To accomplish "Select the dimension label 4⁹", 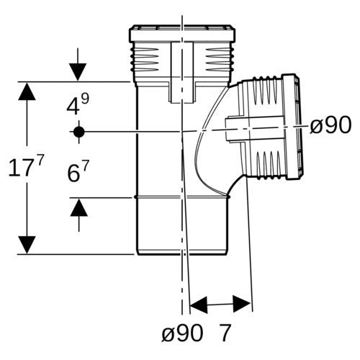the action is (x=78, y=104).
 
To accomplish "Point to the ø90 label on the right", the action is (x=330, y=125).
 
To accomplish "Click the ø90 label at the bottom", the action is (x=182, y=333).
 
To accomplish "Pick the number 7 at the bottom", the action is (x=225, y=333).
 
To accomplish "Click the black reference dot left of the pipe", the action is (x=79, y=132).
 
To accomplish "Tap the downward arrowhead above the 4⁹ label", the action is (x=78, y=72).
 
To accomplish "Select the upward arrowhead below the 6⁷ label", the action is (x=79, y=207).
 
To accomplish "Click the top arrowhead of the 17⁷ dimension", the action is (x=27, y=91).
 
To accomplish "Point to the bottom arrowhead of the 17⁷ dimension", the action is (x=27, y=245).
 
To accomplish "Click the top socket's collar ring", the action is (x=182, y=33).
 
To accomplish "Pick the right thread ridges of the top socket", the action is (x=218, y=60).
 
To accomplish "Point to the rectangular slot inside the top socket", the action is (x=182, y=73).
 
